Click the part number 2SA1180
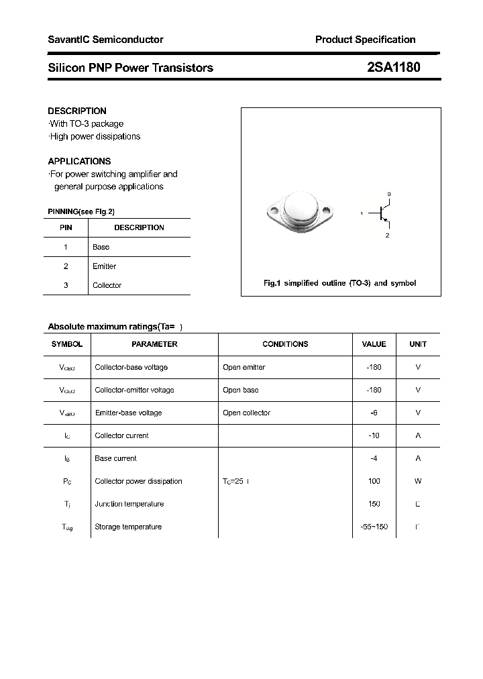pyautogui.click(x=394, y=67)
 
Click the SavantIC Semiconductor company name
pyautogui.click(x=105, y=40)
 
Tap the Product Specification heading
pyautogui.click(x=365, y=40)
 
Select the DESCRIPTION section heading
pyautogui.click(x=77, y=111)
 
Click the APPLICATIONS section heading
pyautogui.click(x=79, y=161)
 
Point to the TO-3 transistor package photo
pyautogui.click(x=299, y=213)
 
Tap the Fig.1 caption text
pyautogui.click(x=339, y=283)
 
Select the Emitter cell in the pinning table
pyautogui.click(x=104, y=266)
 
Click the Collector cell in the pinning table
pyautogui.click(x=107, y=285)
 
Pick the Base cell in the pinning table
pyautogui.click(x=101, y=247)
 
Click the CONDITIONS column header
pyautogui.click(x=285, y=344)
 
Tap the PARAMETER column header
pyautogui.click(x=154, y=344)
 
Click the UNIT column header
pyautogui.click(x=418, y=344)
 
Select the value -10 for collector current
pyautogui.click(x=374, y=435)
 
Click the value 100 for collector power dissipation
pyautogui.click(x=374, y=481)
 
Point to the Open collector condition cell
pyautogui.click(x=246, y=413)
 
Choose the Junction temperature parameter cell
pyautogui.click(x=129, y=504)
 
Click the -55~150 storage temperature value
pyautogui.click(x=374, y=527)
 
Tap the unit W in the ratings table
pyautogui.click(x=418, y=481)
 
